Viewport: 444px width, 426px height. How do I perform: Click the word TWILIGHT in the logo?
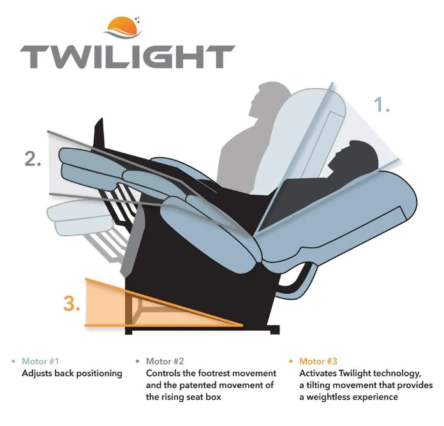point(128,57)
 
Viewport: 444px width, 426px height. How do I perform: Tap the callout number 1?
point(381,105)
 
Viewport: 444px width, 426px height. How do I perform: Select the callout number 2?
point(33,159)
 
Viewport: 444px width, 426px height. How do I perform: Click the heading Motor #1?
point(40,361)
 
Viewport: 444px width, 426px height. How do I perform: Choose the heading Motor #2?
point(165,361)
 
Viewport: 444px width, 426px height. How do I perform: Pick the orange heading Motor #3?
point(318,361)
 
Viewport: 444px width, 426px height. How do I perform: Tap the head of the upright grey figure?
point(269,98)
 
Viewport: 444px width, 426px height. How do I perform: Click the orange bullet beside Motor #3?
point(290,361)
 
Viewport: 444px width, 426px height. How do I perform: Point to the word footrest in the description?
point(216,373)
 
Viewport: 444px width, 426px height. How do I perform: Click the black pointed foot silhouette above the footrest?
point(100,133)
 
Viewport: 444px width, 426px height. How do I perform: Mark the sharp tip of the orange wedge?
point(242,325)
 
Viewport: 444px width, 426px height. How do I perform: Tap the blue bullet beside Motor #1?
point(13,361)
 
